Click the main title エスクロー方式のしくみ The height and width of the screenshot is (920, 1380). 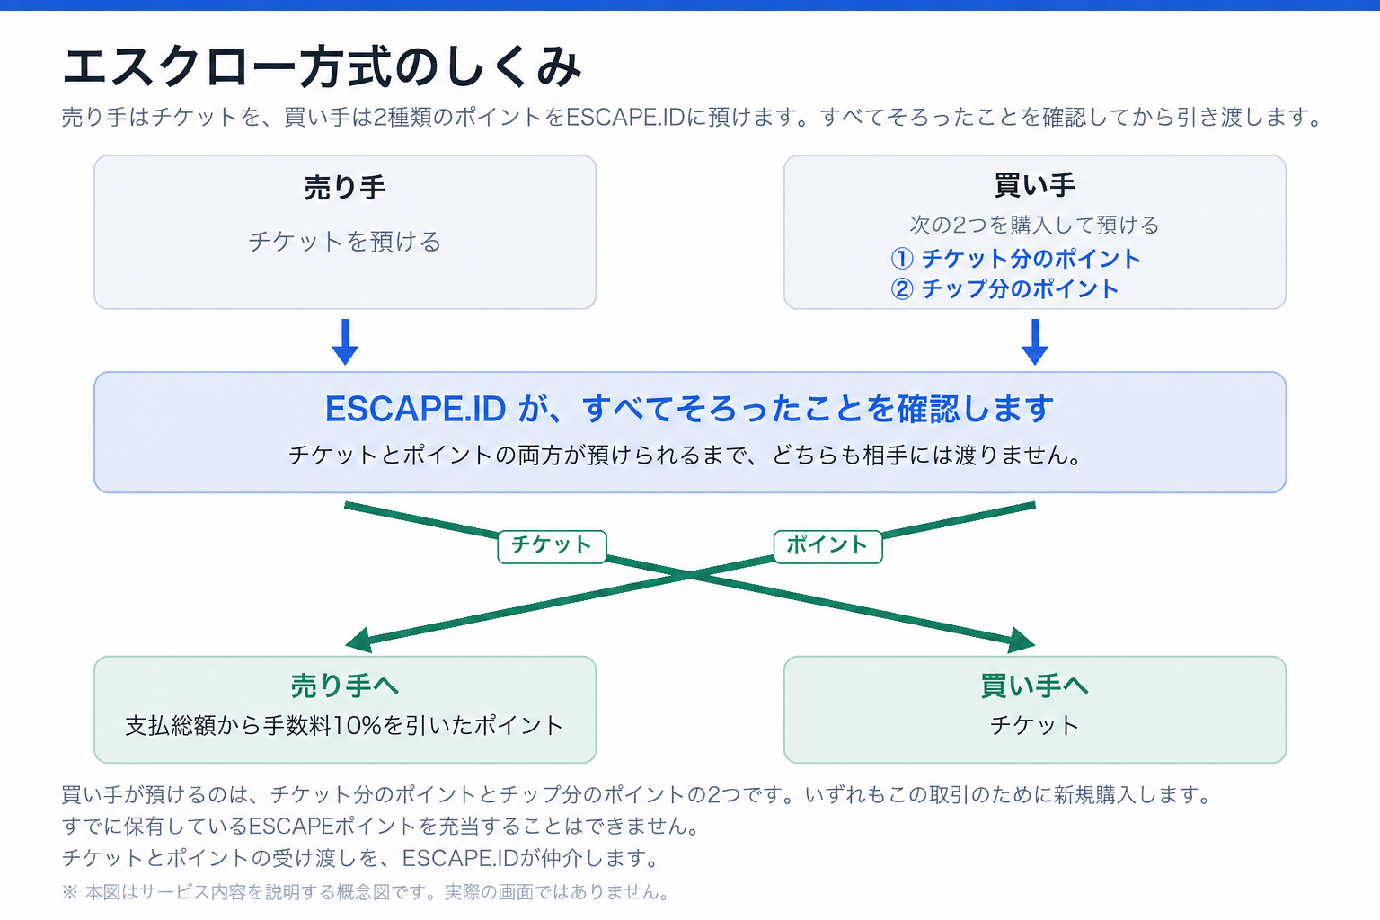pyautogui.click(x=322, y=66)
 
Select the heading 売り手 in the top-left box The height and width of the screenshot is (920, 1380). pyautogui.click(x=345, y=188)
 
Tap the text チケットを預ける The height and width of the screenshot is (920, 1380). pyautogui.click(x=345, y=242)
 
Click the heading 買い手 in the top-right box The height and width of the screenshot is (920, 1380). pyautogui.click(x=1035, y=185)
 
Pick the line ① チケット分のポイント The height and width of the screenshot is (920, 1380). pyautogui.click(x=1015, y=259)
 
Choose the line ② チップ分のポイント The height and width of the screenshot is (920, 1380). pyautogui.click(x=1004, y=289)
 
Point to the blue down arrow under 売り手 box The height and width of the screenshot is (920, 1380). pyautogui.click(x=345, y=341)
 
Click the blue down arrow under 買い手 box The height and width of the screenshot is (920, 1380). pyautogui.click(x=1035, y=341)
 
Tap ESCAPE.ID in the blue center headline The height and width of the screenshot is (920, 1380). pyautogui.click(x=415, y=409)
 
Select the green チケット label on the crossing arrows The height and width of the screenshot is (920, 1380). pyautogui.click(x=552, y=546)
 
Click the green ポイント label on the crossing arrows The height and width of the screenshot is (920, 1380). pyautogui.click(x=827, y=546)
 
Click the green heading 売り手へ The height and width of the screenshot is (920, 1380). pyautogui.click(x=345, y=686)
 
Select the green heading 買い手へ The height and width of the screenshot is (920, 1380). pyautogui.click(x=1035, y=686)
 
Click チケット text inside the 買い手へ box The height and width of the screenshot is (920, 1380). pyautogui.click(x=1035, y=726)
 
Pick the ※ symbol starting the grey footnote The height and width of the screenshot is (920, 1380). pyautogui.click(x=69, y=892)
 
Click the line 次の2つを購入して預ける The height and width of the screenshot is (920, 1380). pyautogui.click(x=1035, y=225)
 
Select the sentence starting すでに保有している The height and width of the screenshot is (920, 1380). pyautogui.click(x=381, y=827)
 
